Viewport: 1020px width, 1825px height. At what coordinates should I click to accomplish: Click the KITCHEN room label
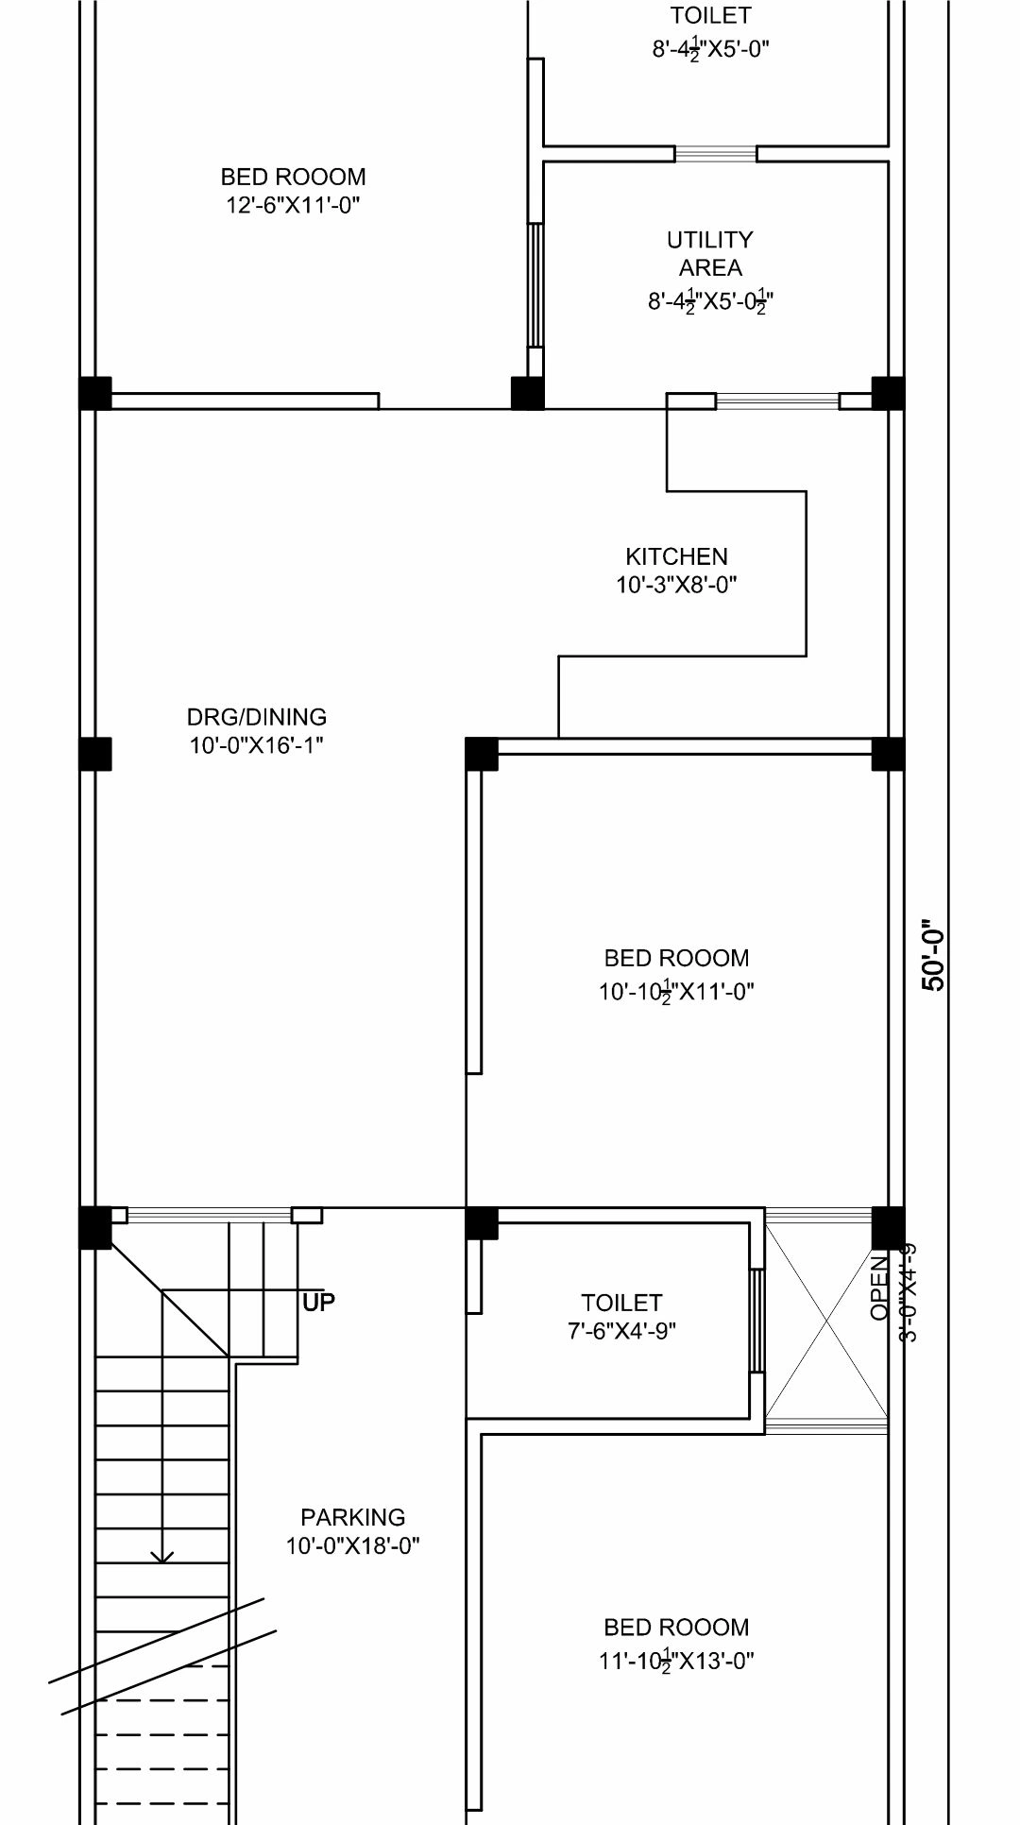point(676,556)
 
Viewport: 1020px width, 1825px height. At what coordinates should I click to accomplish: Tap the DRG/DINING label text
point(256,717)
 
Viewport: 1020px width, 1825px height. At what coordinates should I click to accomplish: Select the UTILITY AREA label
point(710,253)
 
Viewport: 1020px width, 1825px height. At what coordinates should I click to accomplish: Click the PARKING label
point(352,1517)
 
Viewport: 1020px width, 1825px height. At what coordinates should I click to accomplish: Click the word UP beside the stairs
point(319,1303)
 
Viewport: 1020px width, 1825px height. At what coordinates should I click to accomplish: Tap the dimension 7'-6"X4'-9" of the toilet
point(621,1331)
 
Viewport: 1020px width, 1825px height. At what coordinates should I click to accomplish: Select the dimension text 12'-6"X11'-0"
point(293,205)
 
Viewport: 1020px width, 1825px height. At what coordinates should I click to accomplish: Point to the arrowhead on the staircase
point(162,1555)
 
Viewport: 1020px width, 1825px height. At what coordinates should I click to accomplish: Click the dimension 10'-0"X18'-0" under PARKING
point(352,1546)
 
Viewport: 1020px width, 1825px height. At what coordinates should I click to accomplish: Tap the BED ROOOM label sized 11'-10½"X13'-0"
point(676,1628)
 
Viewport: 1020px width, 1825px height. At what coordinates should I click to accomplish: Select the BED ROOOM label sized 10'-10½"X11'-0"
point(676,958)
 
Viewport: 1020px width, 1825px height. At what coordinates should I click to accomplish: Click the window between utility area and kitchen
point(776,401)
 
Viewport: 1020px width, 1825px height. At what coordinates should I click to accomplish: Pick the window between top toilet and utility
point(716,154)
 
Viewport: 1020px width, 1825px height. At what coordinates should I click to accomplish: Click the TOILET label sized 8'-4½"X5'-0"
point(710,15)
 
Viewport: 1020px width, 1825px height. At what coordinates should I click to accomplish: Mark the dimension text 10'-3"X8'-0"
point(676,585)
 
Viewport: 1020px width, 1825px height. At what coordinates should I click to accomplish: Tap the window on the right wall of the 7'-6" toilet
point(756,1321)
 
